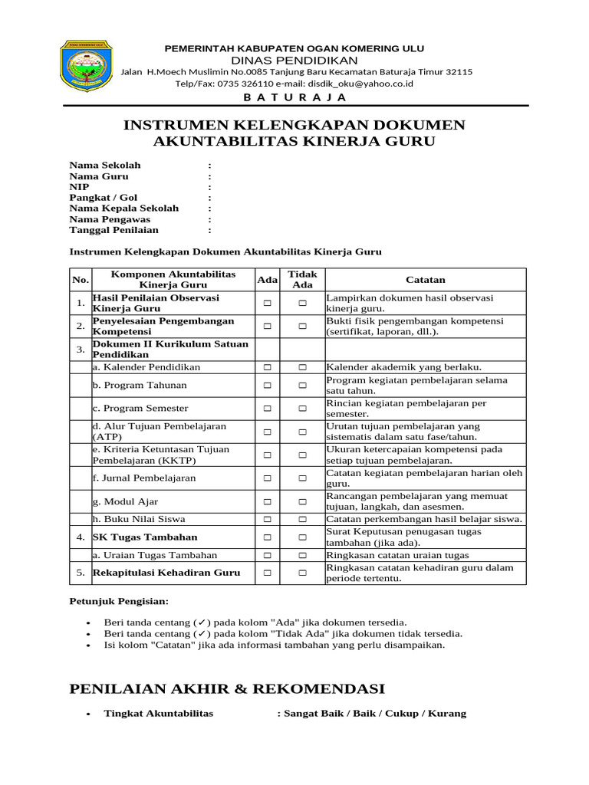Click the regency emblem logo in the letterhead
click(x=87, y=67)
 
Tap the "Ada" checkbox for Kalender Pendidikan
click(x=268, y=367)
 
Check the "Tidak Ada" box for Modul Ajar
click(x=302, y=502)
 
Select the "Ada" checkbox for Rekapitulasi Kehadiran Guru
click(x=268, y=573)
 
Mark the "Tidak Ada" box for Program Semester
click(x=302, y=409)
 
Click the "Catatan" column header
click(x=426, y=280)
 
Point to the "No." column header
click(x=81, y=280)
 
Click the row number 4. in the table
click(x=81, y=537)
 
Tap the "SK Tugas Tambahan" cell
click(x=145, y=537)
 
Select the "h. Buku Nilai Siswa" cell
click(x=139, y=519)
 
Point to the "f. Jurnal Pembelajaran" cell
click(x=144, y=478)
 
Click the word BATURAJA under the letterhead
click(x=294, y=97)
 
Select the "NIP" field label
click(x=80, y=187)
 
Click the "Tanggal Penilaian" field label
click(x=114, y=230)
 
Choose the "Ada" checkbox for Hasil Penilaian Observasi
click(x=268, y=304)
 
